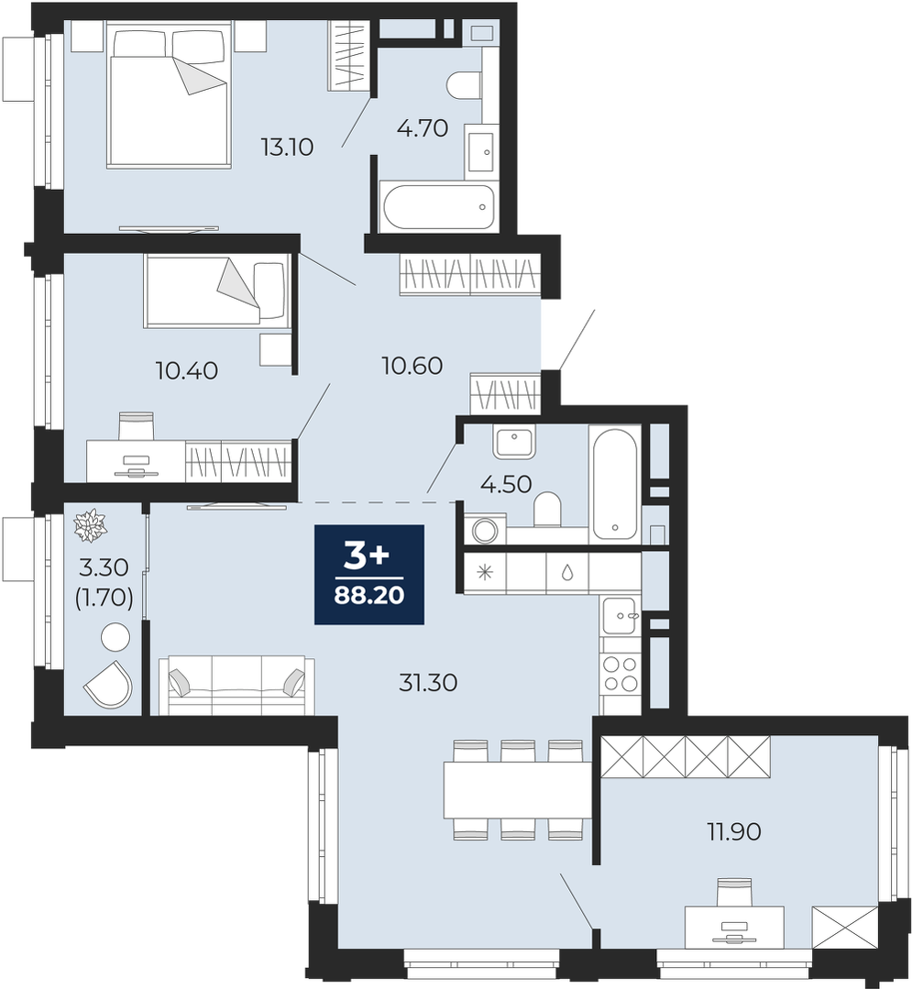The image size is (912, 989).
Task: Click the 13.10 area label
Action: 287,147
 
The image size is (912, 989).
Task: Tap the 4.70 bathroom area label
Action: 422,128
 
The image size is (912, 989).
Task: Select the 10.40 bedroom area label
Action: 187,370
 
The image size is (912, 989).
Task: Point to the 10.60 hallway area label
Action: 412,365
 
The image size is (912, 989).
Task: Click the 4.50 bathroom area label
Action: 506,484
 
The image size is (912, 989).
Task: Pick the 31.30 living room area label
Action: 428,682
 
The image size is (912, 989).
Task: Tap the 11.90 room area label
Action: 733,832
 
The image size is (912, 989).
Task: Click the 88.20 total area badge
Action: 369,574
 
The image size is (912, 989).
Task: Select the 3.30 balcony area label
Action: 104,567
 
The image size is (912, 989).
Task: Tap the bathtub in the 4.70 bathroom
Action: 438,207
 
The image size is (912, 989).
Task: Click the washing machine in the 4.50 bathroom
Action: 484,529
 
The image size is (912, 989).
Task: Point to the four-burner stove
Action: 621,673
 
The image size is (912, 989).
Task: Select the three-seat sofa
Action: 237,685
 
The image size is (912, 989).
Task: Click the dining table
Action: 517,790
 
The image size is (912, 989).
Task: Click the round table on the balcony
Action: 115,637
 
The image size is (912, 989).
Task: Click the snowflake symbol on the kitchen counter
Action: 484,573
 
